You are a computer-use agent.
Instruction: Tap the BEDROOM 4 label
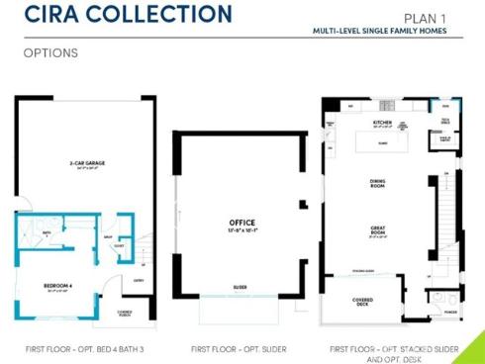[55, 287]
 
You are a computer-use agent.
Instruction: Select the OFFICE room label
[242, 224]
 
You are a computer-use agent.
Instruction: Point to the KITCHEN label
[383, 124]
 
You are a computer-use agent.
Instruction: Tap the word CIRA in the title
[50, 15]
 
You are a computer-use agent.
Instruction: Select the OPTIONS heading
[50, 51]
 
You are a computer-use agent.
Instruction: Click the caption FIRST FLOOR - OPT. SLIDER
[242, 349]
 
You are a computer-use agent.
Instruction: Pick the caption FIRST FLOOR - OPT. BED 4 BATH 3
[84, 349]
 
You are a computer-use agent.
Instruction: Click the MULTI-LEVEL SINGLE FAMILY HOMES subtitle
[386, 31]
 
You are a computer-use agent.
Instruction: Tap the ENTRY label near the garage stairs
[140, 280]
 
